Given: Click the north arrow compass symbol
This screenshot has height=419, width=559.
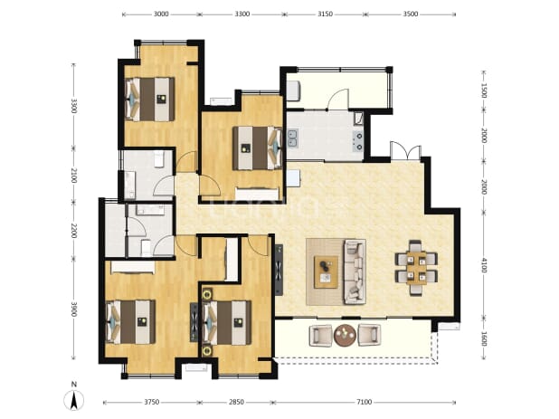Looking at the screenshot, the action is [x=74, y=400].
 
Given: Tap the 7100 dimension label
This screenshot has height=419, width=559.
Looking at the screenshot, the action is [x=364, y=402].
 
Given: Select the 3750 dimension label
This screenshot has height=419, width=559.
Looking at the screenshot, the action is [x=152, y=402].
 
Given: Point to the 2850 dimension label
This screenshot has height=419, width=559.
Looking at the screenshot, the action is [x=236, y=402].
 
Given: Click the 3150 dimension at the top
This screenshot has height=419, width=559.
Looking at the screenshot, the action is [x=325, y=14].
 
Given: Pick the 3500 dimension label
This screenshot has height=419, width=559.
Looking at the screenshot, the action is [x=411, y=14].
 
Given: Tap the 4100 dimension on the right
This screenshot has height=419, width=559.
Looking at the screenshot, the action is [x=484, y=265].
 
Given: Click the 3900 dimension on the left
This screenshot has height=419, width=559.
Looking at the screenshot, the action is [x=74, y=309].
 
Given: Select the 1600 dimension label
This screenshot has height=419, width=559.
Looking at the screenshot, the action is [x=484, y=339].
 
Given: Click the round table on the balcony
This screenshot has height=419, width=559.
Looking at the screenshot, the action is [x=345, y=335].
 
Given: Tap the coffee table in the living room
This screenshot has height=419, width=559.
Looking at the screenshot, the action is [x=326, y=271].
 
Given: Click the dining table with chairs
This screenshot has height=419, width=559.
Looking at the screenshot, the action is [x=416, y=268].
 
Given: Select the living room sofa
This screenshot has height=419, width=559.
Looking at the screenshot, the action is [x=355, y=271].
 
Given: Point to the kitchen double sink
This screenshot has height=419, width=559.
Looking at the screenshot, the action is [x=293, y=138].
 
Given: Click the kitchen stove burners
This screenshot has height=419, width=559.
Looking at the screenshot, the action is [x=357, y=141].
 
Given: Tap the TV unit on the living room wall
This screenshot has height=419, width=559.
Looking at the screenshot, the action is [x=279, y=270].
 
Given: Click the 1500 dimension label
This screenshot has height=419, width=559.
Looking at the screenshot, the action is [x=484, y=90].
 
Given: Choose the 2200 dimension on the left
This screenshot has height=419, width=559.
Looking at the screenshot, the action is [x=74, y=231].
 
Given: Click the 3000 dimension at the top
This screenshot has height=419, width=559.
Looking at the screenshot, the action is [x=161, y=14].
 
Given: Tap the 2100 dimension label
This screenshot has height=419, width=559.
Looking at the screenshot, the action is [x=74, y=176].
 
